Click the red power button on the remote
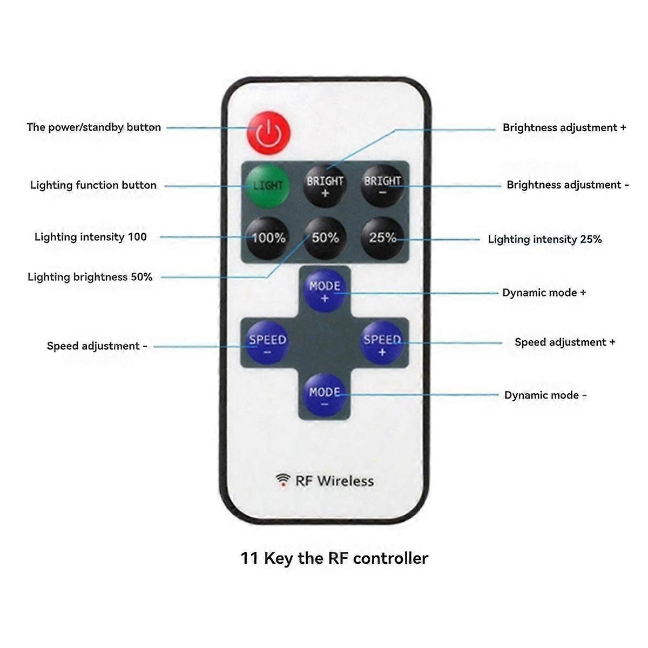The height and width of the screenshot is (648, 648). tap(268, 133)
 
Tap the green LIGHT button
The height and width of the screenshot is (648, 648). tap(268, 185)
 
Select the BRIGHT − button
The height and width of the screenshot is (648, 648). tap(382, 185)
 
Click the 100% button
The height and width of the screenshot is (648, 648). tap(268, 238)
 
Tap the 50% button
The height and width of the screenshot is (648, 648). tap(325, 238)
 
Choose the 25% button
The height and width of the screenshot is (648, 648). tap(382, 238)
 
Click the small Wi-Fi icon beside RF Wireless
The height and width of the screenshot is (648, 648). tap(282, 480)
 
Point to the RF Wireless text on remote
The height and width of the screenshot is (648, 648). tap(334, 481)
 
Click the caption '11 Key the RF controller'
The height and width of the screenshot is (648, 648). tap(334, 558)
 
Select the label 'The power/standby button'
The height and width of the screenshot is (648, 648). tap(94, 127)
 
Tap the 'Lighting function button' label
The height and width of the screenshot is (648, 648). tap(93, 185)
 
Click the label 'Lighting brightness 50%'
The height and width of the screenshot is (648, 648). tap(90, 277)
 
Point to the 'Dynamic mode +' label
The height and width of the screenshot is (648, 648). tap(544, 293)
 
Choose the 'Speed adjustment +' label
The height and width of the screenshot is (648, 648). tap(565, 342)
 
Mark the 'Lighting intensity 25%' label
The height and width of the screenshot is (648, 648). tap(545, 239)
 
